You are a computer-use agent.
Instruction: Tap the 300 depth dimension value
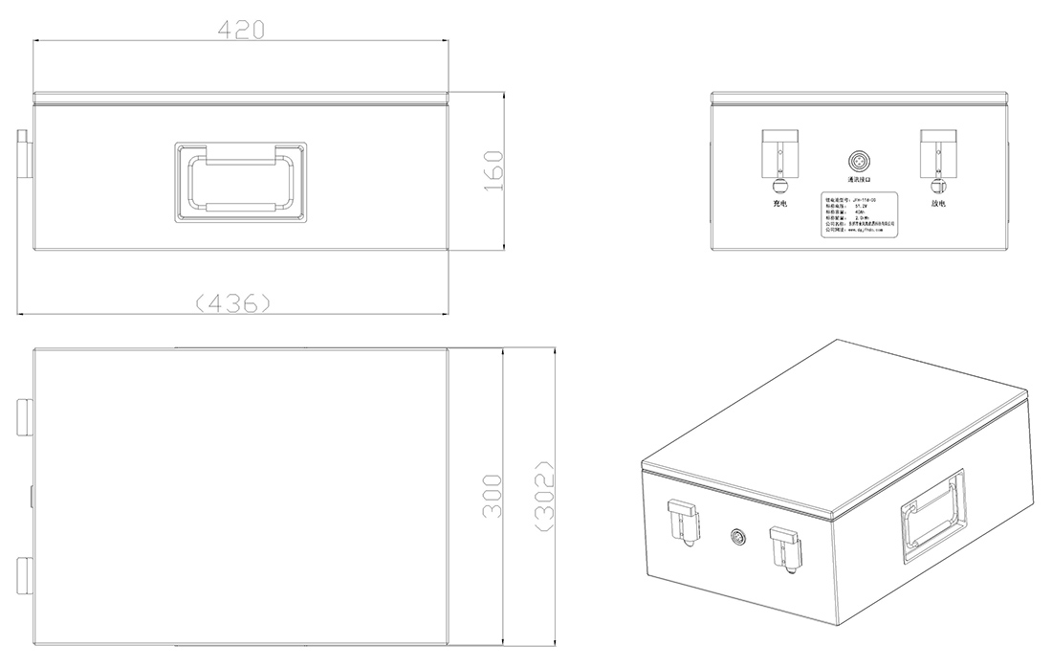tap(492, 496)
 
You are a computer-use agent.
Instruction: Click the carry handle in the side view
tap(240, 182)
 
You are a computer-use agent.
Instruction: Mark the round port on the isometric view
tap(737, 537)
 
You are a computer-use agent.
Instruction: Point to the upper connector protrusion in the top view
tap(24, 413)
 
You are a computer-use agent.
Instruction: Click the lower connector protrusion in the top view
tap(24, 572)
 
